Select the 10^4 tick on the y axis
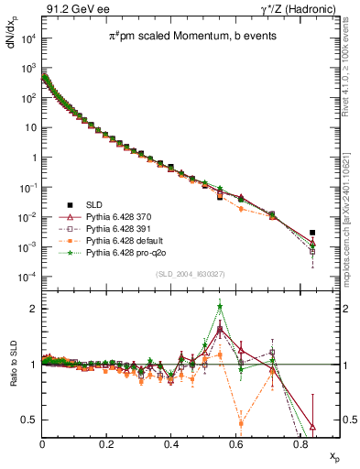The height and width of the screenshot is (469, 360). pyautogui.click(x=30, y=38)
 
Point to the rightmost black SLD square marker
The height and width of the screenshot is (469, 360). pyautogui.click(x=312, y=233)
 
